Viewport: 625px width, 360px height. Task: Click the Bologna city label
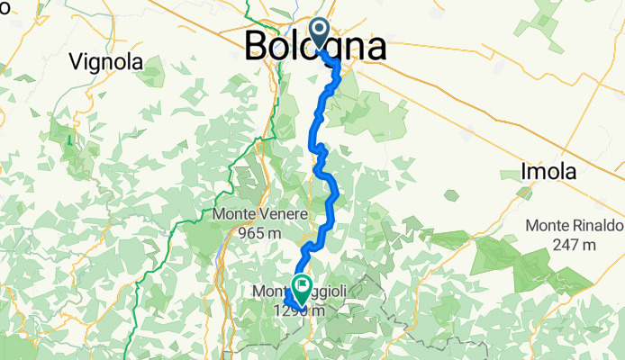(x=316, y=46)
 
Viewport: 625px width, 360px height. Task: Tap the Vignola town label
(x=107, y=63)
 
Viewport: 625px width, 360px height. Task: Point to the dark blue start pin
(x=320, y=34)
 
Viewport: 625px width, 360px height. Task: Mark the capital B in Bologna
(x=258, y=46)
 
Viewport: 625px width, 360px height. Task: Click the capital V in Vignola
(x=77, y=63)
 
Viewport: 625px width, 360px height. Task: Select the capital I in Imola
(x=524, y=171)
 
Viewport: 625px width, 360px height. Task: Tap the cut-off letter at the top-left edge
(x=4, y=7)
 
